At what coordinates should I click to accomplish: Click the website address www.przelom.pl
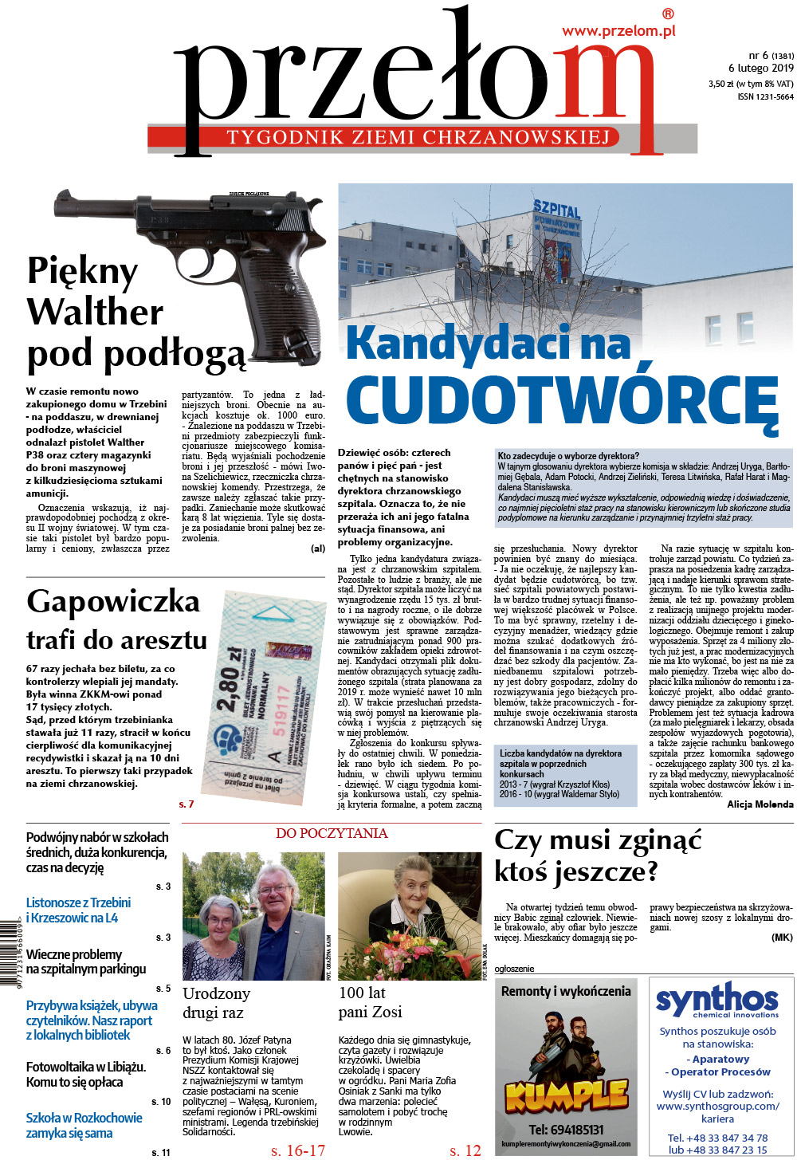pyautogui.click(x=618, y=31)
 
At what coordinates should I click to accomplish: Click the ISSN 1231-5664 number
pyautogui.click(x=765, y=97)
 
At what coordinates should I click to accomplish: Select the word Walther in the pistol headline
pyautogui.click(x=95, y=312)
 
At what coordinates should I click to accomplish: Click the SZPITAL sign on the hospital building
pyautogui.click(x=556, y=211)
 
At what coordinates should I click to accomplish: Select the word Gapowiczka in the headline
pyautogui.click(x=113, y=601)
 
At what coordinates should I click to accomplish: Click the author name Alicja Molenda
pyautogui.click(x=760, y=804)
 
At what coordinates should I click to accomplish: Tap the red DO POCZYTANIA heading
pyautogui.click(x=332, y=834)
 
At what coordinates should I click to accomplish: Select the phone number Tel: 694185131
pyautogui.click(x=566, y=1130)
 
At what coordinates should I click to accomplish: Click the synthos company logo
pyautogui.click(x=717, y=1001)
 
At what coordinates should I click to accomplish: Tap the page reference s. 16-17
pyautogui.click(x=298, y=1150)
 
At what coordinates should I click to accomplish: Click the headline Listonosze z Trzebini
pyautogui.click(x=78, y=902)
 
